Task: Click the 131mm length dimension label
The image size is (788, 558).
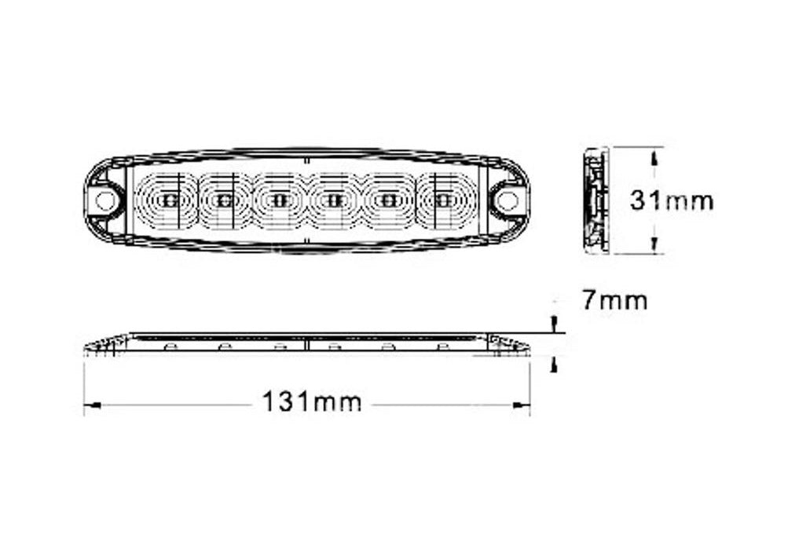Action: coord(312,402)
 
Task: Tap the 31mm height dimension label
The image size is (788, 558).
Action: coord(672,200)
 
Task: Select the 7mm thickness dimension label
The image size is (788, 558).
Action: coord(614,301)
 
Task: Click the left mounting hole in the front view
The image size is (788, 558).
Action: coord(104,200)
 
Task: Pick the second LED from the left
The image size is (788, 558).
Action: coord(224,200)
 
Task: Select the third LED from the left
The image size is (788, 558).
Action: coord(278,200)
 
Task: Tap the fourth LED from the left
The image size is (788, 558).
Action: coord(332,200)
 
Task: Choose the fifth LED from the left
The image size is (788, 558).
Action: coord(387,200)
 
